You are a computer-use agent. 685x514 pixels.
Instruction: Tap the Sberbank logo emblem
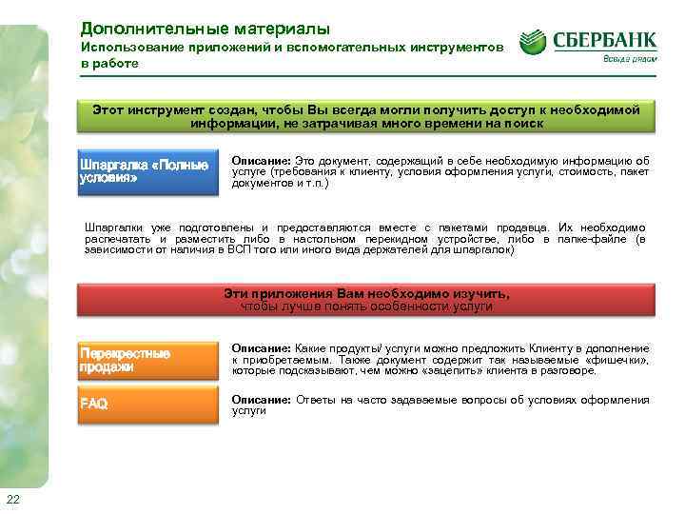tap(533, 43)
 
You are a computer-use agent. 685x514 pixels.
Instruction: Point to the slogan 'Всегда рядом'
tap(628, 59)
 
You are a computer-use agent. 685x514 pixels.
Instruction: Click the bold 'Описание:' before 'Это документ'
tap(262, 162)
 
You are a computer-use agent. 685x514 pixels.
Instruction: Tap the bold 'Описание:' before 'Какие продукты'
tap(262, 349)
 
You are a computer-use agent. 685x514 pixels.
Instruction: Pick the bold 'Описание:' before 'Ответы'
tap(262, 400)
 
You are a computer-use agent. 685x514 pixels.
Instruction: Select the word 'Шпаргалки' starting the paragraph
tap(116, 228)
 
